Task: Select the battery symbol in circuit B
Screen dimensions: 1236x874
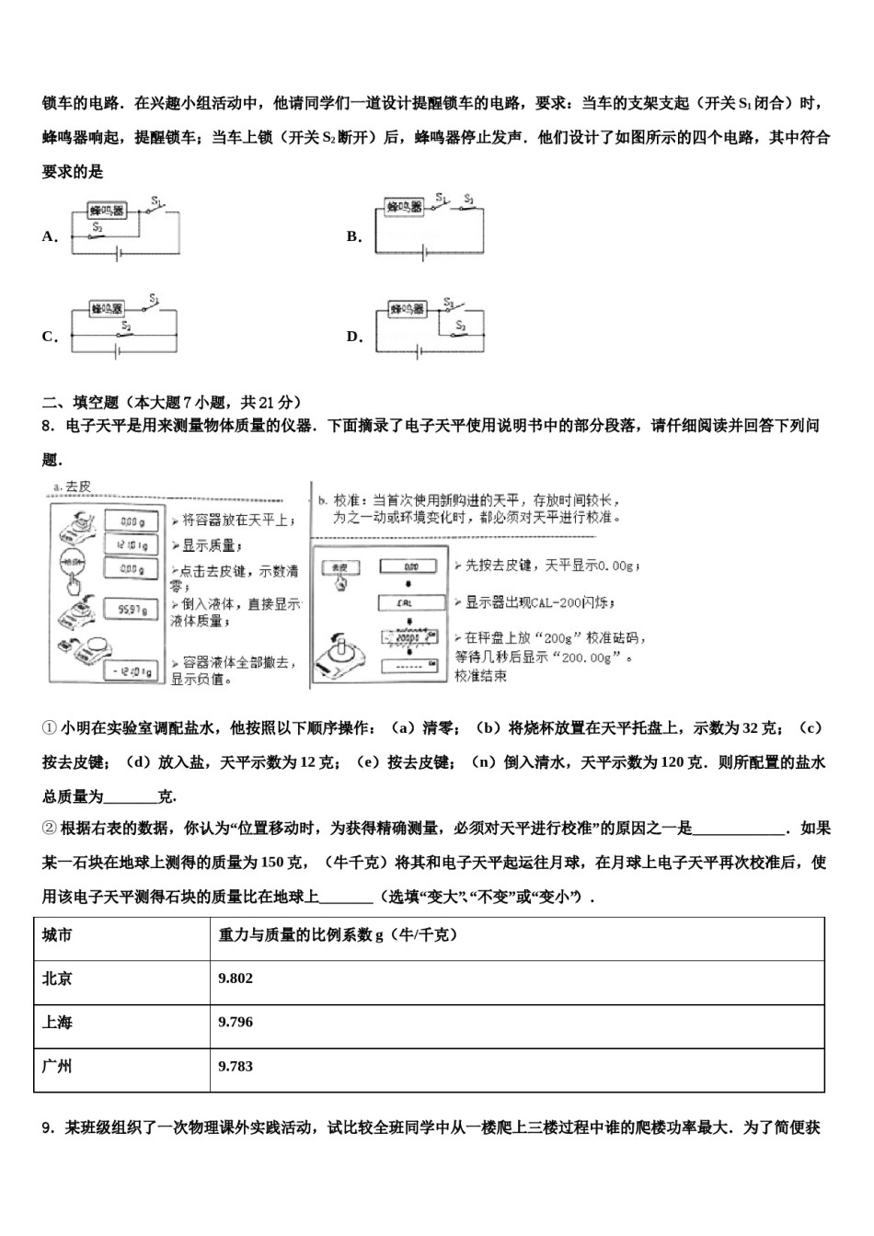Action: pyautogui.click(x=423, y=254)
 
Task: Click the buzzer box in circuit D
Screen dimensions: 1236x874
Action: pyautogui.click(x=407, y=310)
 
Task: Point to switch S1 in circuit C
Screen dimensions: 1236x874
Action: pyautogui.click(x=154, y=307)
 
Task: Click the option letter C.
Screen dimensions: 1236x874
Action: pyautogui.click(x=49, y=337)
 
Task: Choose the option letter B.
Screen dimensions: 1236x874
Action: pyautogui.click(x=353, y=236)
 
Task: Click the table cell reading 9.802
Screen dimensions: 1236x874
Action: pyautogui.click(x=236, y=978)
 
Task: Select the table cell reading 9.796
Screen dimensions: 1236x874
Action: pyautogui.click(x=236, y=1022)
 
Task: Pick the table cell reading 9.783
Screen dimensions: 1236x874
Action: pyautogui.click(x=236, y=1066)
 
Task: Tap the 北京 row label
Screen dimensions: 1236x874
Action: pyautogui.click(x=57, y=978)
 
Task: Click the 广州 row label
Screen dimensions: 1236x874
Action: pyautogui.click(x=57, y=1066)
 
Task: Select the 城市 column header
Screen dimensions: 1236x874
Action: pyautogui.click(x=57, y=934)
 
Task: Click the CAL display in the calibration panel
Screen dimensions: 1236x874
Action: pyautogui.click(x=410, y=603)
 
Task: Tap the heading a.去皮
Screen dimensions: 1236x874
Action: pyautogui.click(x=72, y=486)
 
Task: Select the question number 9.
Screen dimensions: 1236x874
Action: pyautogui.click(x=47, y=1128)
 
